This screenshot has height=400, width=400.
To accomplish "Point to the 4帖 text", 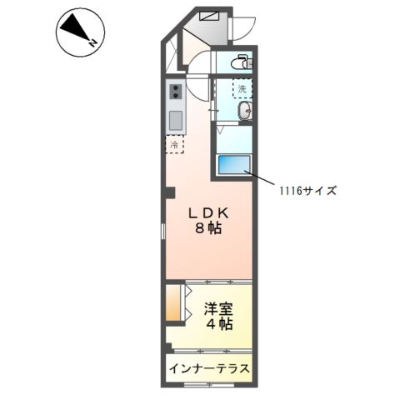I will (219, 325).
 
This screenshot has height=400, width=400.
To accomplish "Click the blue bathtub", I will (235, 164).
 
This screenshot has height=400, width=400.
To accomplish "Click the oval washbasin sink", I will (242, 112).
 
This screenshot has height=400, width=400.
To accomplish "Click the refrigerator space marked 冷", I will (175, 145).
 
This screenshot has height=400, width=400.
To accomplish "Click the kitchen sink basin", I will (176, 119).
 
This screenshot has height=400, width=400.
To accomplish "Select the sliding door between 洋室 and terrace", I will (208, 351).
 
